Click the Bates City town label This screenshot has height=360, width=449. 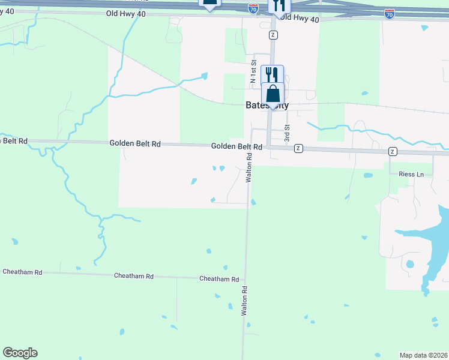coord(267,106)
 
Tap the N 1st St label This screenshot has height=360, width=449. coord(253,71)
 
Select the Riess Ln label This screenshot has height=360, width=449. coord(411,174)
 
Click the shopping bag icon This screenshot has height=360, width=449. coord(273,95)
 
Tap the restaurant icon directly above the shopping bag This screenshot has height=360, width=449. coord(272,74)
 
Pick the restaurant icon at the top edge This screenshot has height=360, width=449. coord(279,5)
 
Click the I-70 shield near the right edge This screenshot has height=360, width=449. coord(390,13)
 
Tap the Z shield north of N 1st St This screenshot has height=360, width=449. coord(273,35)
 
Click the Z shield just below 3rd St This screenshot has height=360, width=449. coord(298,149)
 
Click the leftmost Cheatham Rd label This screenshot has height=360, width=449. coord(22,272)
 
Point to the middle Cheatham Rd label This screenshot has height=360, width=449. coord(134,276)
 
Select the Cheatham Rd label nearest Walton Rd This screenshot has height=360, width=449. coord(219,279)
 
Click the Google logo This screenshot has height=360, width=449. coord(20,353)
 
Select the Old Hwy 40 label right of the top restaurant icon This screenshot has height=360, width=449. coord(298,19)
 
